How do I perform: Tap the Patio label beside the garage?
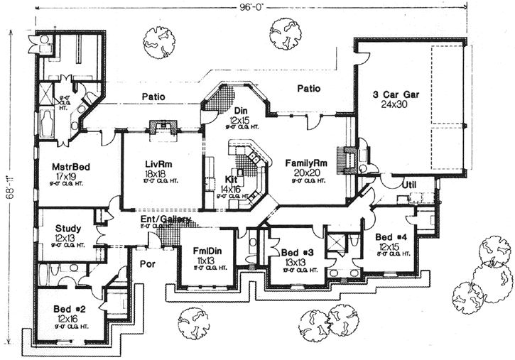point(308,89)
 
